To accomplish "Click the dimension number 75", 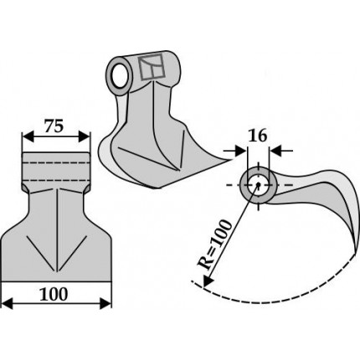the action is pyautogui.click(x=54, y=126).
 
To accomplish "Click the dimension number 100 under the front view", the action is pyautogui.click(x=54, y=294).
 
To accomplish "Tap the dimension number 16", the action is pyautogui.click(x=258, y=136).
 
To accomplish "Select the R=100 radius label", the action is pyautogui.click(x=214, y=245).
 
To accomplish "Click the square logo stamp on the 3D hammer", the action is pyautogui.click(x=151, y=67).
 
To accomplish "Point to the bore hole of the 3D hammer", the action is pyautogui.click(x=119, y=76).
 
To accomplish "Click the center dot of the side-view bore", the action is pyautogui.click(x=258, y=184).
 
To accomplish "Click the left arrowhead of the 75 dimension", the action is pyautogui.click(x=28, y=136).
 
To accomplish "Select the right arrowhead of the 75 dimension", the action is pyautogui.click(x=85, y=136).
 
